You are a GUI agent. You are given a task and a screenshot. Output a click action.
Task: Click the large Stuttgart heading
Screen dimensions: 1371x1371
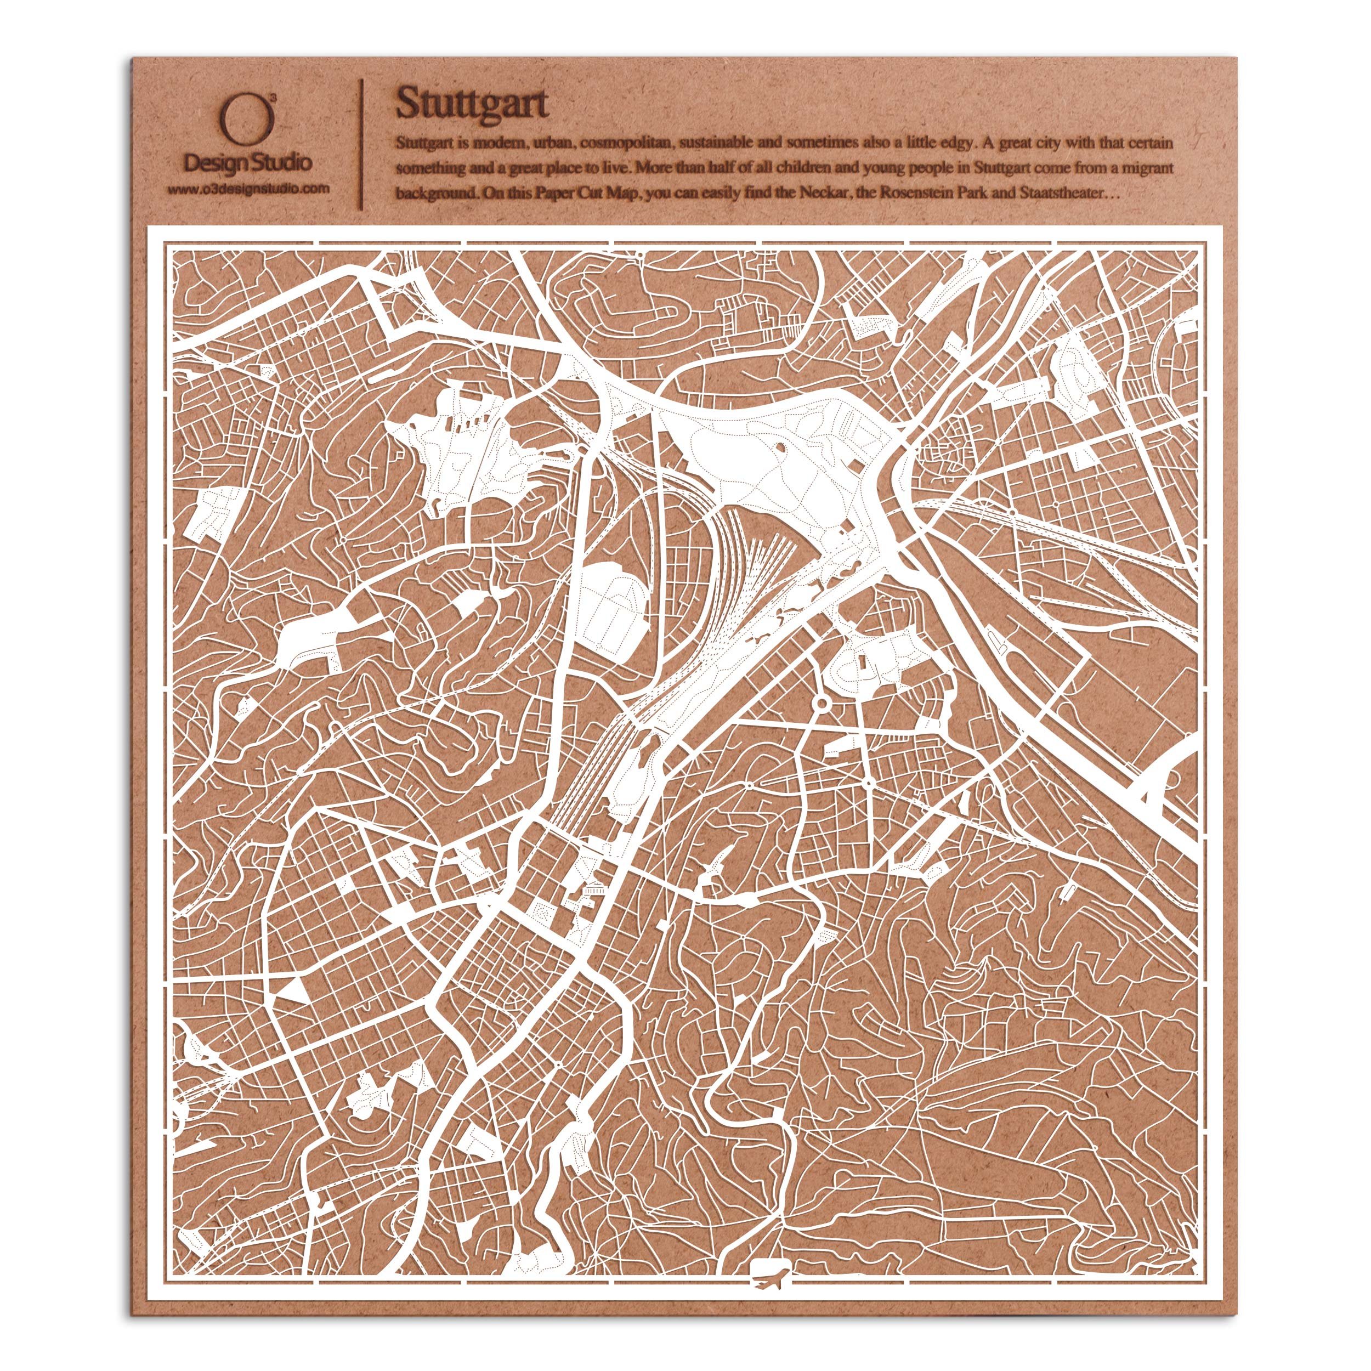[x=472, y=104]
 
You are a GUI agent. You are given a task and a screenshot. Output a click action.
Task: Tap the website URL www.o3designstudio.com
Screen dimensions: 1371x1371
[x=248, y=189]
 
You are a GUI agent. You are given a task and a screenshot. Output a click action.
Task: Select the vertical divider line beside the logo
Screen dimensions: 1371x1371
[x=364, y=145]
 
